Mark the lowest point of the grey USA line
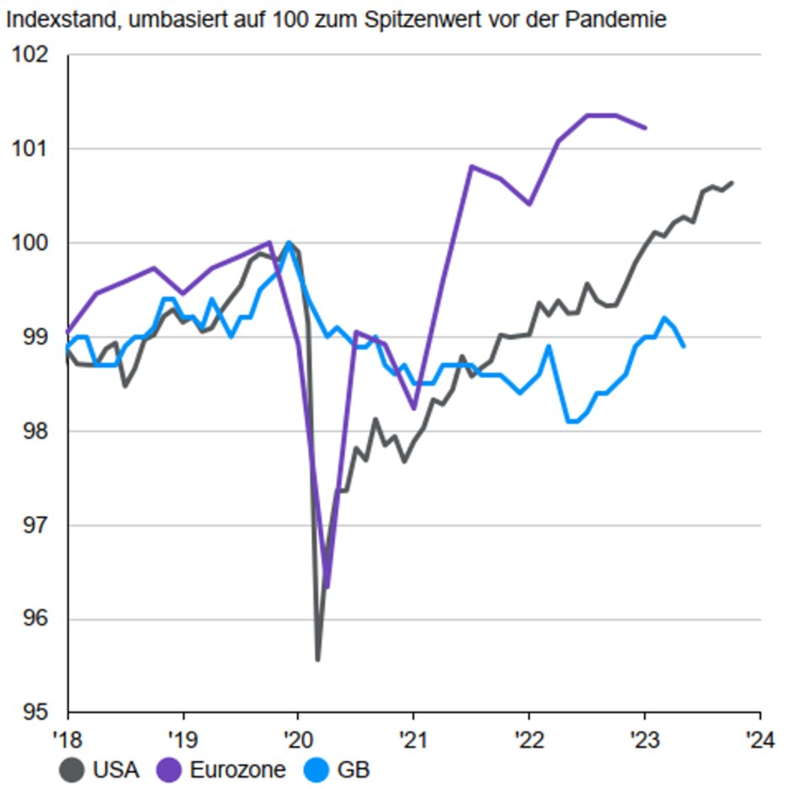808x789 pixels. coord(317,659)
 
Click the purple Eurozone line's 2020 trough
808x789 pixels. coord(327,587)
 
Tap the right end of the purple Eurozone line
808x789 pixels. coord(645,128)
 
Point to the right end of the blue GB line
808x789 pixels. coord(683,346)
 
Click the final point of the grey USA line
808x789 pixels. coord(732,182)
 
